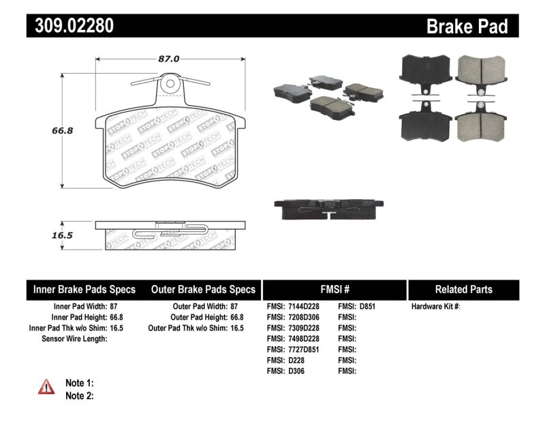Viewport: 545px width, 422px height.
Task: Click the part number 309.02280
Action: pyautogui.click(x=71, y=26)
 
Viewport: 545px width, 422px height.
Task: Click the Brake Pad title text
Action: pyautogui.click(x=467, y=27)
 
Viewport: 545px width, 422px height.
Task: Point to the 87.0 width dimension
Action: pyautogui.click(x=168, y=59)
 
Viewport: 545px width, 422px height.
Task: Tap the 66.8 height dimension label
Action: pyautogui.click(x=43, y=130)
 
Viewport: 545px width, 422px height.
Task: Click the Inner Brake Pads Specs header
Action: pyautogui.click(x=84, y=289)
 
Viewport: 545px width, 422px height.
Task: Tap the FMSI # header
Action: pyautogui.click(x=334, y=289)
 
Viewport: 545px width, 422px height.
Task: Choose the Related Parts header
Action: pyautogui.click(x=464, y=289)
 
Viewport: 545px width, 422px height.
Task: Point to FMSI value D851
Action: pyautogui.click(x=367, y=307)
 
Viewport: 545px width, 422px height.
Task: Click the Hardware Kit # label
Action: pyautogui.click(x=435, y=307)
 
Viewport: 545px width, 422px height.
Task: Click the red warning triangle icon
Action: pyautogui.click(x=46, y=387)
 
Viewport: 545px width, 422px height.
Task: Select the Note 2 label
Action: pyautogui.click(x=80, y=395)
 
